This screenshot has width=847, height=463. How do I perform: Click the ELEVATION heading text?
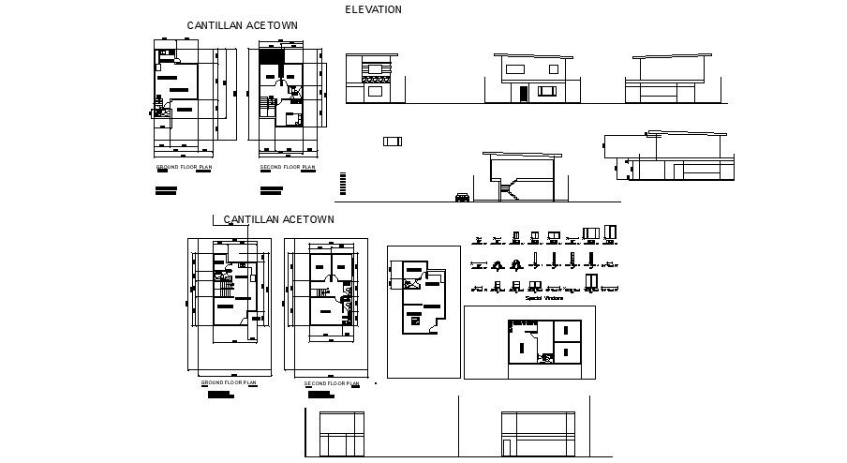click(x=373, y=9)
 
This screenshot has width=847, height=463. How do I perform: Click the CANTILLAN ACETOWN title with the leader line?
click(x=278, y=219)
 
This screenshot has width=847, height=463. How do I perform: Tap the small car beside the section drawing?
click(x=463, y=197)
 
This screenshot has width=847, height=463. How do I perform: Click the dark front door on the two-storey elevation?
click(x=522, y=94)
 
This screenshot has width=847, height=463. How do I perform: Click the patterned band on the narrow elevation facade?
click(x=374, y=69)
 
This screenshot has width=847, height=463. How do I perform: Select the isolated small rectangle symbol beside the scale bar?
click(x=392, y=141)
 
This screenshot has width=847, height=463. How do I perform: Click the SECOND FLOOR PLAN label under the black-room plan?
click(x=287, y=168)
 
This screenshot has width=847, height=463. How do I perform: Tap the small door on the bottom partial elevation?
click(x=508, y=447)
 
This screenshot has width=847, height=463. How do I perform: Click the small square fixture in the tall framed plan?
click(x=415, y=321)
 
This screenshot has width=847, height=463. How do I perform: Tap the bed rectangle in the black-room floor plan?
click(x=292, y=118)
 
